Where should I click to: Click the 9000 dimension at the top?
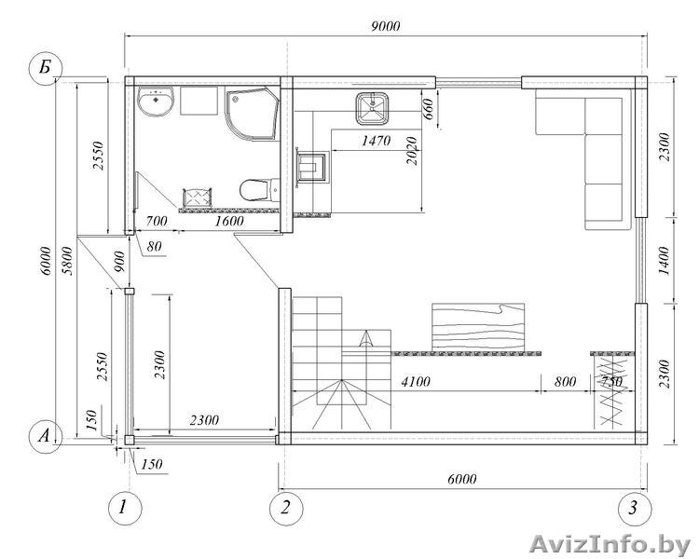point(386,26)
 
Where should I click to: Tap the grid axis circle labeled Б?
point(45,68)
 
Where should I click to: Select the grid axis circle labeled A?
point(45,435)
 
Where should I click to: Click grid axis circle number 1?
point(125,508)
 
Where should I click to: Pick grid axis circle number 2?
point(286,508)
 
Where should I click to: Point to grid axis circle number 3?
point(634,508)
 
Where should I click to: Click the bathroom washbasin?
point(155,102)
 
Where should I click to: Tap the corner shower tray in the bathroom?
point(252,115)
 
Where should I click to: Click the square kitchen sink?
point(372,108)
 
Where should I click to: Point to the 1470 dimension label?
point(376,141)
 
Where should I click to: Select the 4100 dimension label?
point(416,382)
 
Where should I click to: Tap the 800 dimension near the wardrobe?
point(565,382)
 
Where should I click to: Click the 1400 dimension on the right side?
point(664,260)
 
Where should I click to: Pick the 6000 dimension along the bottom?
point(462,479)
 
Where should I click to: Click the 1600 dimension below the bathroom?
point(229,221)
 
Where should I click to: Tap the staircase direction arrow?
point(366,339)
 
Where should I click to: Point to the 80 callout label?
point(154,246)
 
